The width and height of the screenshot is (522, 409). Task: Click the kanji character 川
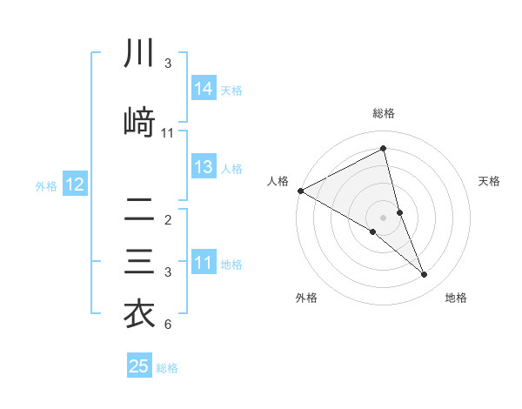pyautogui.click(x=139, y=54)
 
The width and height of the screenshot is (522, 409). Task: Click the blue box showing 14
pyautogui.click(x=204, y=89)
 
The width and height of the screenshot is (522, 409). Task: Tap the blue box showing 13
pyautogui.click(x=204, y=167)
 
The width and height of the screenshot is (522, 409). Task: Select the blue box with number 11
pyautogui.click(x=204, y=264)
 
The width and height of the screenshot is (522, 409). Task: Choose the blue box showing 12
pyautogui.click(x=75, y=184)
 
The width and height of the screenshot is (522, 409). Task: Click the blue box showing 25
pyautogui.click(x=139, y=366)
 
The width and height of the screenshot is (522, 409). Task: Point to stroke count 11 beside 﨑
pyautogui.click(x=168, y=133)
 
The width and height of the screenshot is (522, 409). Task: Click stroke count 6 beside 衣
pyautogui.click(x=168, y=325)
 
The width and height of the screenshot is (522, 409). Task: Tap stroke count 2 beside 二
pyautogui.click(x=168, y=220)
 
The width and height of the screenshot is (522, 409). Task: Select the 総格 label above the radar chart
pyautogui.click(x=384, y=113)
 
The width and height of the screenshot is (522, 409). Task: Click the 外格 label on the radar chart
pyautogui.click(x=306, y=298)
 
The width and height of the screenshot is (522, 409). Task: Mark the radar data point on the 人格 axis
pyautogui.click(x=300, y=191)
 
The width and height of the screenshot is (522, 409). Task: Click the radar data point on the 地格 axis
pyautogui.click(x=425, y=275)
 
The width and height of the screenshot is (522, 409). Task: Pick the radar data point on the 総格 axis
pyautogui.click(x=384, y=149)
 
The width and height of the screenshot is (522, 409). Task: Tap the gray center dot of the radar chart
pyautogui.click(x=384, y=217)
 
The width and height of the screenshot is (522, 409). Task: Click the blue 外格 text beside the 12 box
pyautogui.click(x=46, y=185)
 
